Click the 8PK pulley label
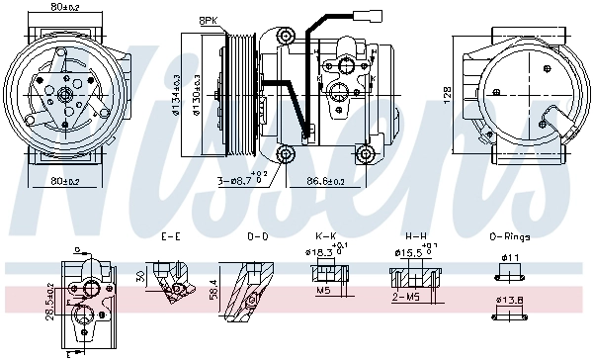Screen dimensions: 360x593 pyautogui.click(x=209, y=20)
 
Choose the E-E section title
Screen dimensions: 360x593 pyautogui.click(x=171, y=237)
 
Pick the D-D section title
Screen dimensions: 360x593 pyautogui.click(x=257, y=237)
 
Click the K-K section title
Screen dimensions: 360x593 pyautogui.click(x=326, y=237)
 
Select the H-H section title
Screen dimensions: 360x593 pyautogui.click(x=415, y=237)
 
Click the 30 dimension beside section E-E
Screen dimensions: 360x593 pyautogui.click(x=140, y=276)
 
